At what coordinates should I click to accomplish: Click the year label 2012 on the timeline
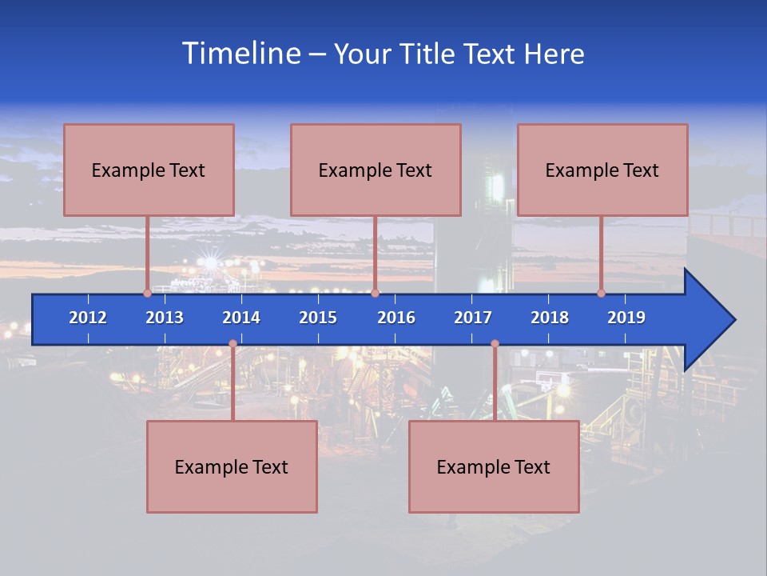tap(88, 318)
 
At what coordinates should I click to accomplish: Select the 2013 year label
tap(165, 318)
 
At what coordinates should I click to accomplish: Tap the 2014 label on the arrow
tap(241, 318)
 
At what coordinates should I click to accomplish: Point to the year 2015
tap(318, 318)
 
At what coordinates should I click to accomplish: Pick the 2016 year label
tap(396, 318)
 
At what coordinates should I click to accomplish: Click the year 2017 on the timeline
tap(473, 318)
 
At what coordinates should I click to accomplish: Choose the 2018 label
tap(550, 318)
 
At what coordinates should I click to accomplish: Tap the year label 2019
tap(626, 318)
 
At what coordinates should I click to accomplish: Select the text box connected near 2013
tap(149, 170)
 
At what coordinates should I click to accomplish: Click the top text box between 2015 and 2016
tap(376, 170)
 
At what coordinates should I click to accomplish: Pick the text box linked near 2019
tap(602, 170)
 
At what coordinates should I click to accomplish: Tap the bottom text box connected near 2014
tap(232, 466)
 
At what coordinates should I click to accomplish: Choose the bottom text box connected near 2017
tap(494, 466)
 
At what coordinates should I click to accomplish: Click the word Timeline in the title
tap(240, 53)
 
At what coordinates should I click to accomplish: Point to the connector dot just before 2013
tap(147, 294)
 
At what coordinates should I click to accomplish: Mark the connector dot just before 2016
tap(375, 294)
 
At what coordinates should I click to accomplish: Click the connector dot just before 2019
tap(602, 294)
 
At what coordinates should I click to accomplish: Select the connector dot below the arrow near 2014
tap(232, 344)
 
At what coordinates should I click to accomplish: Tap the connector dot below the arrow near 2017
tap(495, 344)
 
